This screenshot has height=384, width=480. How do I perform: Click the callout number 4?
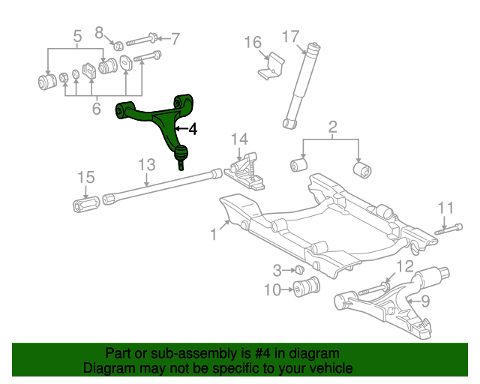pos(193,129)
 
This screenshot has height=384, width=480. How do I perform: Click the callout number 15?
pos(86,178)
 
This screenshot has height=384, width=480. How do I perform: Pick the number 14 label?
pos(238,139)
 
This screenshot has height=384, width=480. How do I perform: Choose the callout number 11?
pos(446,207)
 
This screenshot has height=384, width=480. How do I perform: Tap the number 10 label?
pos(271,289)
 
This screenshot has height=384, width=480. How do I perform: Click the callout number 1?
pos(214,235)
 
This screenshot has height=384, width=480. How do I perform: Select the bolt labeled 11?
pos(448,229)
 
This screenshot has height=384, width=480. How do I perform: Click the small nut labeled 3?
pos(298,269)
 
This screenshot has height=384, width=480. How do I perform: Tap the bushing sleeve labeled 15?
pos(88,203)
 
